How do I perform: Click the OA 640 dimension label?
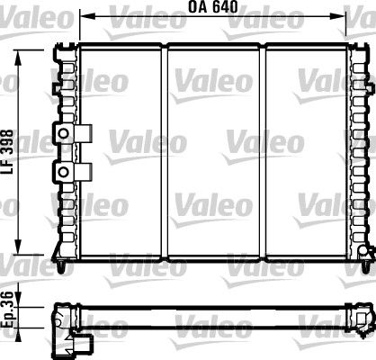pos(212,6)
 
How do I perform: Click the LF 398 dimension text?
pos(8,151)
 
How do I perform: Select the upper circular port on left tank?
pos(63,133)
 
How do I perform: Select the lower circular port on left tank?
pos(63,172)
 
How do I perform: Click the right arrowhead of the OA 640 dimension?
pos(339,16)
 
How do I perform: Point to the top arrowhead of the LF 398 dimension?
pos(18,58)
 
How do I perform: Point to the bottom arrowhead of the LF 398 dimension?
pos(18,247)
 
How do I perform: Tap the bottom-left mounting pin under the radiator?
pos(62,267)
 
